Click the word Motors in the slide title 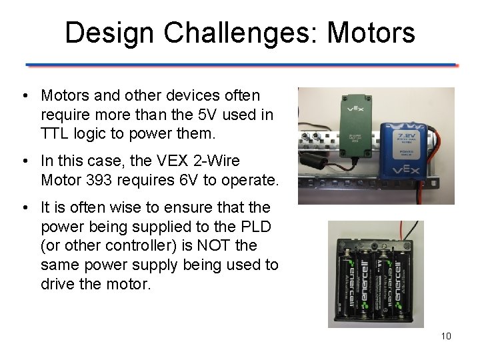click(x=371, y=33)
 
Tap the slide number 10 click(x=446, y=336)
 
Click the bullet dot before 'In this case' click(x=24, y=161)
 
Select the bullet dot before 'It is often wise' click(x=24, y=208)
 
